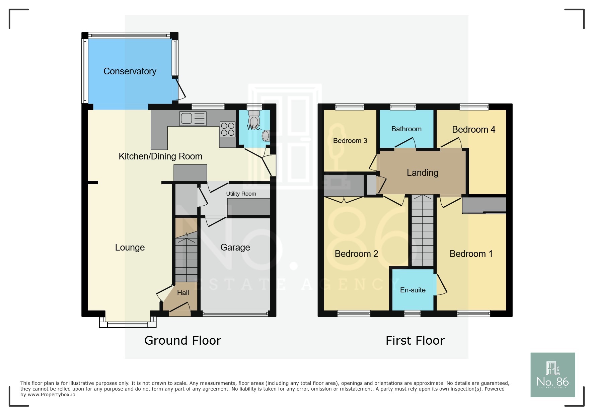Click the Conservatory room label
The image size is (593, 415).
pos(130,71)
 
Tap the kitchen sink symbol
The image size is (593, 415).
pos(193,118)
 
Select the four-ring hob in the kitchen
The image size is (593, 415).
pos(228,130)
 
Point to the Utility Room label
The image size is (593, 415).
pos(241,194)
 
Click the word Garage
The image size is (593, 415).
pos(235,247)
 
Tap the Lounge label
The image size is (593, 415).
pos(130,247)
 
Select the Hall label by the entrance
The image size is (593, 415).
pos(183,293)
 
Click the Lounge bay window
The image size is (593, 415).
pos(128,324)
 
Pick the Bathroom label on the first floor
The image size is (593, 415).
pos(406,129)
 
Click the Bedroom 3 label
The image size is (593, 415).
pos(350,141)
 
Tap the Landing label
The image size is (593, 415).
pos(422,173)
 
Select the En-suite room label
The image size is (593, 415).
pos(413,290)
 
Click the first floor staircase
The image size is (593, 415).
pos(423,231)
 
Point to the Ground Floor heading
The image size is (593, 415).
pos(183,341)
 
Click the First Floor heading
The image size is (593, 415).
pos(415,341)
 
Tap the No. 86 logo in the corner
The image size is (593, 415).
pos(552,375)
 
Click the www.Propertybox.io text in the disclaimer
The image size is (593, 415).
pos(51,395)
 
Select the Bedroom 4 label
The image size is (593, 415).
pos(473,130)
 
